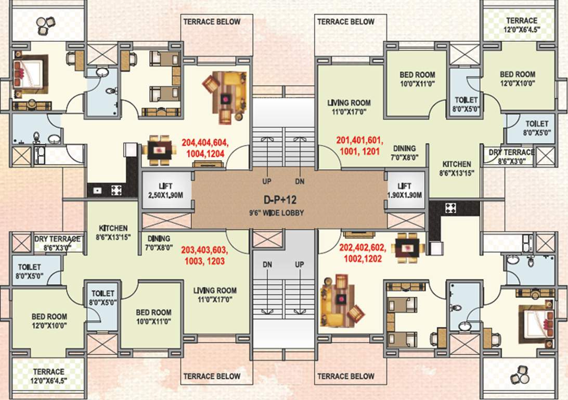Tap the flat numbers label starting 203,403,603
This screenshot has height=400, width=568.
click(203, 255)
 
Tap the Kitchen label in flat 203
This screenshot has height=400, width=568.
click(113, 232)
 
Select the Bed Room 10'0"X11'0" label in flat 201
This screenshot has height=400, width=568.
click(417, 79)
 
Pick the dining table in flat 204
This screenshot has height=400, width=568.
click(157, 150)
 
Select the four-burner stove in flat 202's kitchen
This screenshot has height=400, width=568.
click(450, 208)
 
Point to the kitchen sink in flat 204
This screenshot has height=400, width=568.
click(97, 190)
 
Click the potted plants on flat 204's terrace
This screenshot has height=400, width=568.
click(46, 23)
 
